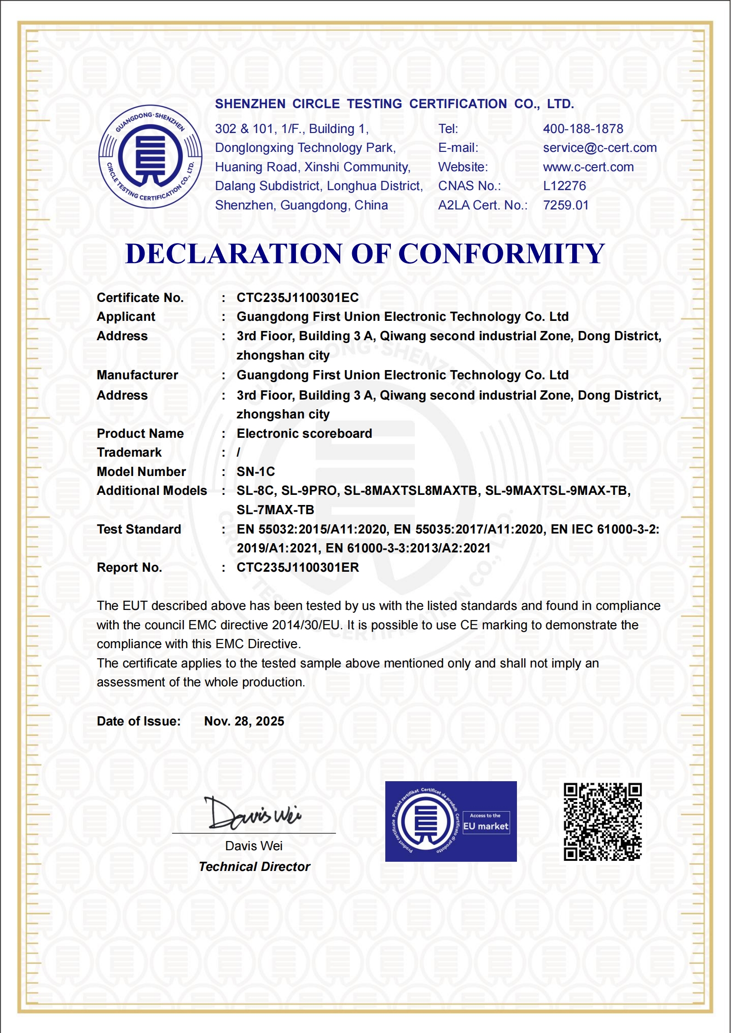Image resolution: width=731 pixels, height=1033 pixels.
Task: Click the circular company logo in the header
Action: click(151, 157)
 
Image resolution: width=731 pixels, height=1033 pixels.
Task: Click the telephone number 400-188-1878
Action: click(583, 129)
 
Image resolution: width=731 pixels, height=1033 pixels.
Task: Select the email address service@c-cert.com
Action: click(599, 148)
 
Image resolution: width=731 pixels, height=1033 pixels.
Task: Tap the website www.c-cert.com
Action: click(588, 167)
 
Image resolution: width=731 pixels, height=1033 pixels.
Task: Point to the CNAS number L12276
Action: click(564, 186)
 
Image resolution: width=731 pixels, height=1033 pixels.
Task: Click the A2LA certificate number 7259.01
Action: click(566, 205)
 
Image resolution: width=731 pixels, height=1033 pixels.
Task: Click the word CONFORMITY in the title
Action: click(501, 254)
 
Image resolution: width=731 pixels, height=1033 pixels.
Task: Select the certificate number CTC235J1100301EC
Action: click(297, 298)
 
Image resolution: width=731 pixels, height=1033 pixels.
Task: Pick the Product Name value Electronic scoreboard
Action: click(304, 434)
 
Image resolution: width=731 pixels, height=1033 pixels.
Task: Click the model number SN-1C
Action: click(255, 472)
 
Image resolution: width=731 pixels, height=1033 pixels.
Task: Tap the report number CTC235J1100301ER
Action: click(297, 568)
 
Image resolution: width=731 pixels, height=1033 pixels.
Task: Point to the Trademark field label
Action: click(129, 453)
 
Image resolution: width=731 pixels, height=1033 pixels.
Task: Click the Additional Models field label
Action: click(151, 491)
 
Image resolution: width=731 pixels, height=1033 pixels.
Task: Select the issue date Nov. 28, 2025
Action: click(244, 721)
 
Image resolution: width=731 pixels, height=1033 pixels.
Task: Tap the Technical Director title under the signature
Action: click(255, 867)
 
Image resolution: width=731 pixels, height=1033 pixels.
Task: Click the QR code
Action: click(603, 822)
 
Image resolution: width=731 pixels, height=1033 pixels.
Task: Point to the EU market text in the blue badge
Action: click(486, 826)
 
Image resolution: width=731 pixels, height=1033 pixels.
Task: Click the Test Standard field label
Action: click(139, 529)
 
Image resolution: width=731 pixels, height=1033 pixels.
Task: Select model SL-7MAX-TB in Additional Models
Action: click(275, 510)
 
